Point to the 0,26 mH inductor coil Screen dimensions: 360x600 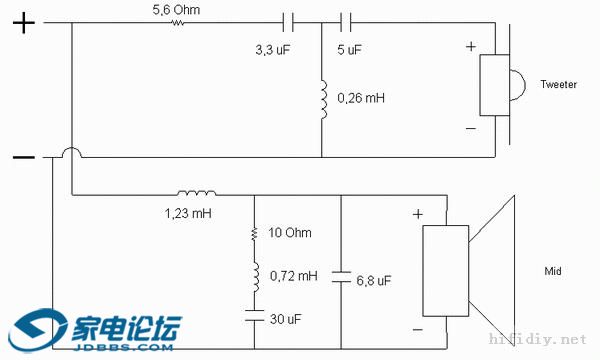(322, 101)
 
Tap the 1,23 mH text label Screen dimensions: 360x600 (189, 213)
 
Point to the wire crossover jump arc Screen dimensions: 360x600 (73, 152)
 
